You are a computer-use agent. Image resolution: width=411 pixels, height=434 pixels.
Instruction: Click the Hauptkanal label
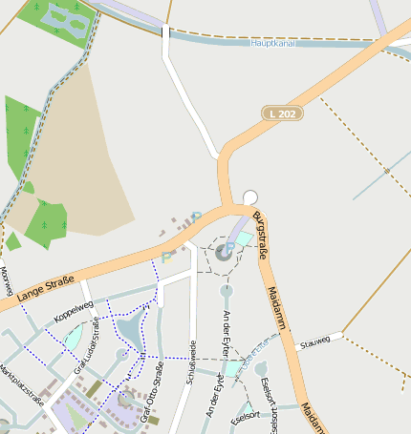[x=270, y=43]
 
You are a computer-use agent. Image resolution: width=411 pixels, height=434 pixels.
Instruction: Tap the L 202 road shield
[x=282, y=113]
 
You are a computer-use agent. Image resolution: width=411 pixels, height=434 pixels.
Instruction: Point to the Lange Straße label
[x=45, y=290]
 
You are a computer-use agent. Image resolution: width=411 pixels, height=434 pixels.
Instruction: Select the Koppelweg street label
[x=75, y=312]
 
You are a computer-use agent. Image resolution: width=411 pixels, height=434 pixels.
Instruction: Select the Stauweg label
[x=314, y=341]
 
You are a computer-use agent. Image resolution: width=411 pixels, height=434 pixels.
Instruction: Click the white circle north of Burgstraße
[x=250, y=197]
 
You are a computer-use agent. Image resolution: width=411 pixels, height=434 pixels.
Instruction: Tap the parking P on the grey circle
[x=228, y=249]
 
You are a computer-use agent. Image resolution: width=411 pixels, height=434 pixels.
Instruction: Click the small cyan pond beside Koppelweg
[x=73, y=337]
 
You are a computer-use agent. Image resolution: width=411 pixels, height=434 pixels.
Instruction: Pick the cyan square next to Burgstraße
[x=244, y=238]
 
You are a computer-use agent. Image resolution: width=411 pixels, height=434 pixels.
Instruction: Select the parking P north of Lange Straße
[x=167, y=256]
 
